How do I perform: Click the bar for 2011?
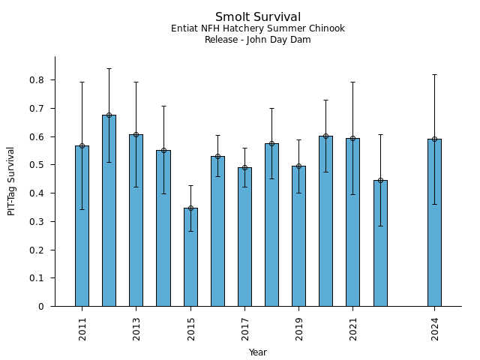(x=82, y=225)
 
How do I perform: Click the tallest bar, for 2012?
(x=109, y=210)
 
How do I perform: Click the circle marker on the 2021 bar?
(x=353, y=138)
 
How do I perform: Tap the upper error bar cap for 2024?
(x=434, y=74)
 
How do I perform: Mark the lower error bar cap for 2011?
(x=82, y=209)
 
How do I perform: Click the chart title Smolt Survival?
(x=258, y=17)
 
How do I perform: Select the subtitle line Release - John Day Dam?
(x=258, y=40)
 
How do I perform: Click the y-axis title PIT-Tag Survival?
(x=11, y=181)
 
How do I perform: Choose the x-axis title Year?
(x=258, y=352)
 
